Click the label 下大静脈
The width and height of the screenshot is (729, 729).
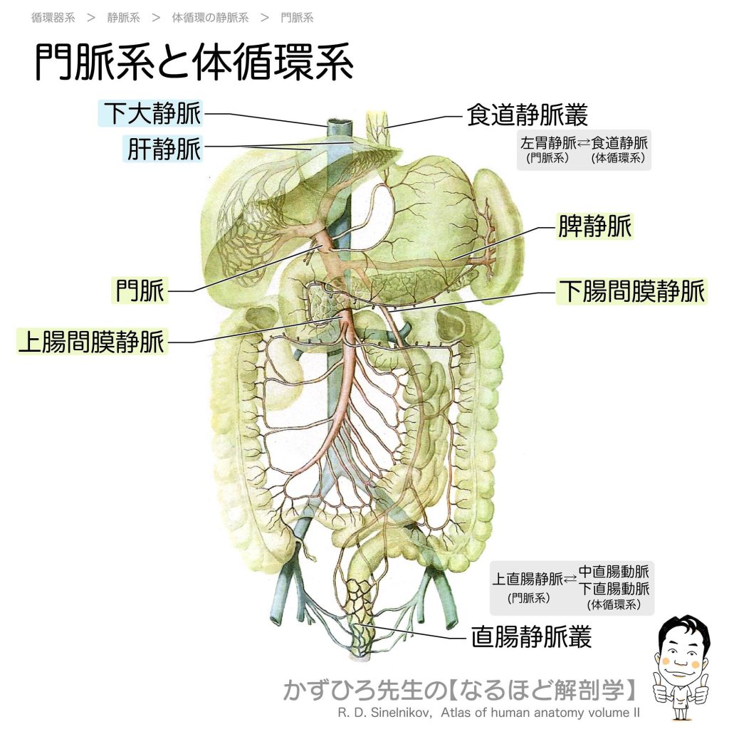tap(152, 113)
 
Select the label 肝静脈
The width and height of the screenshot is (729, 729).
tap(164, 149)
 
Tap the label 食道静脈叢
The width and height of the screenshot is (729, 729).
tap(528, 115)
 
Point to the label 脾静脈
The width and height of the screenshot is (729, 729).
tap(594, 226)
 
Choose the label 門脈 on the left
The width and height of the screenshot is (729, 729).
tap(140, 290)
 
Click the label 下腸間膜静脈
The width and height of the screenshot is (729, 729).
tap(631, 291)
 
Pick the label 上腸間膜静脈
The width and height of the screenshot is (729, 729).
tap(92, 342)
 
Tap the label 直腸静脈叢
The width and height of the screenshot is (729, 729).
tap(531, 636)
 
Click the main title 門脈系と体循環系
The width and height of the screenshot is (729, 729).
tap(194, 63)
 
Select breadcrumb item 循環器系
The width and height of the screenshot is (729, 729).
tap(53, 18)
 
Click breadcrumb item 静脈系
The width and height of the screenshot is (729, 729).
tap(123, 18)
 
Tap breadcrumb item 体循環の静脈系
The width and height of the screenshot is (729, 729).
tap(210, 18)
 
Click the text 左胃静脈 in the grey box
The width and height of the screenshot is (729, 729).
tap(548, 142)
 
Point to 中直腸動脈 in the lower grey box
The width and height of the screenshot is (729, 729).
tap(614, 572)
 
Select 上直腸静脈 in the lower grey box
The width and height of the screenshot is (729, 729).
tap(528, 579)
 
